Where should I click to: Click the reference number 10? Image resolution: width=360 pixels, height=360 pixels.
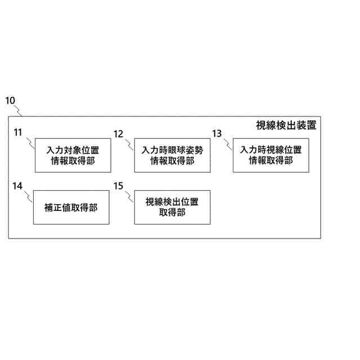click(x=10, y=101)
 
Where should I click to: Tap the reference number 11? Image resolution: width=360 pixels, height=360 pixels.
click(x=18, y=133)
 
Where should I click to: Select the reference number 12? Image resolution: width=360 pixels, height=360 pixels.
click(x=118, y=133)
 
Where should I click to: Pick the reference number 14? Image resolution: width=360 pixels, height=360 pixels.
click(x=18, y=185)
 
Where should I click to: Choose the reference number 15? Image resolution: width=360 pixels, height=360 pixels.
click(x=118, y=185)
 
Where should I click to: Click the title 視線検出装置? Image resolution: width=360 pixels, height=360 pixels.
click(x=286, y=125)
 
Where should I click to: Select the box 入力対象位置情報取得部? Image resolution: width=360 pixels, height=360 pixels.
click(x=72, y=155)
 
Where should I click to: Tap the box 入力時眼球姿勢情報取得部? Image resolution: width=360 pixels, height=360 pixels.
click(x=172, y=155)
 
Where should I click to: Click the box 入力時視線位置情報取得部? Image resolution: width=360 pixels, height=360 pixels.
click(x=271, y=155)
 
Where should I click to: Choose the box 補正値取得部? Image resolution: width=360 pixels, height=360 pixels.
click(x=71, y=207)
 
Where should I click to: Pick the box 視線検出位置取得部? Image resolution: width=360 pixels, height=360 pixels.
click(x=172, y=207)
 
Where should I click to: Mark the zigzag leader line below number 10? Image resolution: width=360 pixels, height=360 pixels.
click(x=18, y=109)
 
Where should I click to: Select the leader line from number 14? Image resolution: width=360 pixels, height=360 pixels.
click(x=29, y=195)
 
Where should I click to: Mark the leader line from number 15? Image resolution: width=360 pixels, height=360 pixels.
click(x=129, y=195)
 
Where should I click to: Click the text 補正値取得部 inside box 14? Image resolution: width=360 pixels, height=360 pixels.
click(x=71, y=208)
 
